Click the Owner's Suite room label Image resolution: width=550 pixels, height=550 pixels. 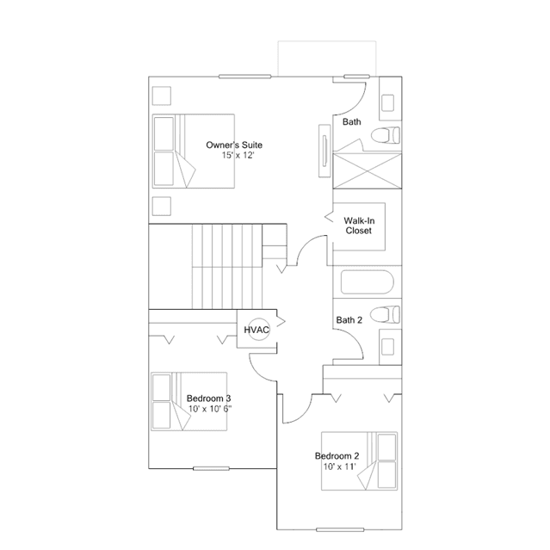point(234,145)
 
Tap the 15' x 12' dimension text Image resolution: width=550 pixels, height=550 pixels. point(238,156)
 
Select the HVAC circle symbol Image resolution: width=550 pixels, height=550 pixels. point(259,330)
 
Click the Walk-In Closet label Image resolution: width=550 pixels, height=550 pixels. point(359,226)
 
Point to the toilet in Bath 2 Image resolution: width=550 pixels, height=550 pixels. point(385,314)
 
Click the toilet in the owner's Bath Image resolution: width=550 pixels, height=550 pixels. point(385,135)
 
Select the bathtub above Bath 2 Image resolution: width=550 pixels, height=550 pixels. point(368,281)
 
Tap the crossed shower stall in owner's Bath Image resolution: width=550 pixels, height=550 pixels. point(368,170)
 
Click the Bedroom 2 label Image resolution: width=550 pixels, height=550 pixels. point(337,456)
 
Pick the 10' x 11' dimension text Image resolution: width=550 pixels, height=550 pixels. point(339,467)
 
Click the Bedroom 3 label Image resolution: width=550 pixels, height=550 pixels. point(208,399)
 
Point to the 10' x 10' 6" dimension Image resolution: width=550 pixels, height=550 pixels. point(210,409)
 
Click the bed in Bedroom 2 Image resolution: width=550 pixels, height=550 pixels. point(360,460)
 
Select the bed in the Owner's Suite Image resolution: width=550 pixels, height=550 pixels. point(194,151)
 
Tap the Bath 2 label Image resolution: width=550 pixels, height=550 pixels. point(349,320)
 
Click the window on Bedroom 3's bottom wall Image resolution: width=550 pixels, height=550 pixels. point(211,468)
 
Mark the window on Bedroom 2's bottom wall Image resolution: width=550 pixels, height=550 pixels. point(340,529)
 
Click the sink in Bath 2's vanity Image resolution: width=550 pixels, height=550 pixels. point(387,347)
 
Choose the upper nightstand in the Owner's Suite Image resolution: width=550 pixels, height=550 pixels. point(162,96)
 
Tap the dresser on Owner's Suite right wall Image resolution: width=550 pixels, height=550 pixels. point(324,151)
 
